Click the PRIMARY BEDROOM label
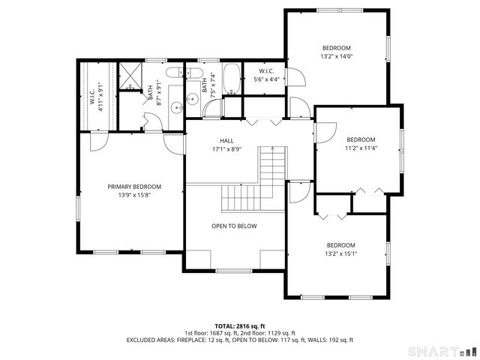pos(134,187)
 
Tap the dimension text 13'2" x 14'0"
pos(336,55)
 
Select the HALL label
pos(226,140)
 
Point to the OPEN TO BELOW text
pos(234,226)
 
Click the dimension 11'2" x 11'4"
pos(360,148)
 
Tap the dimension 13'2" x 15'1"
pos(340,253)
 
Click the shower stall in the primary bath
pos(130,77)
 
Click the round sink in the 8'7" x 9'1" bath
pos(177,107)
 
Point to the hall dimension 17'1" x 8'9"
pos(226,149)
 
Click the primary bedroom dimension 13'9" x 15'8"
pos(134,196)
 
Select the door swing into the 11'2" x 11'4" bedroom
pos(324,133)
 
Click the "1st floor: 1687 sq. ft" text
pos(210,333)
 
